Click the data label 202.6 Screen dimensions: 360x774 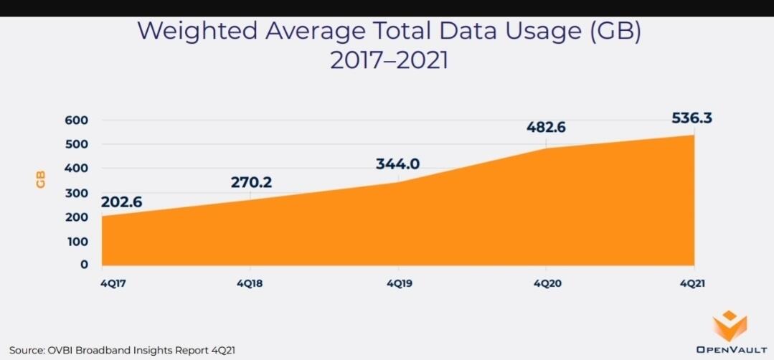121,202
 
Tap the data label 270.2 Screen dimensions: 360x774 251,182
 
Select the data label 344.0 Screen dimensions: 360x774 397,164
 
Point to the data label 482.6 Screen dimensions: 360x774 547,127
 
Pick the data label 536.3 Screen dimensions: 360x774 692,118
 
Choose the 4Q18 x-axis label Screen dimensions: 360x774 249,283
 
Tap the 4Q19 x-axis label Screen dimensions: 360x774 399,283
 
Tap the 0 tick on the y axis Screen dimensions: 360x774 84,265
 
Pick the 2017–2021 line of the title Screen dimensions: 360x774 389,60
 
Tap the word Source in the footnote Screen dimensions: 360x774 25,350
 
